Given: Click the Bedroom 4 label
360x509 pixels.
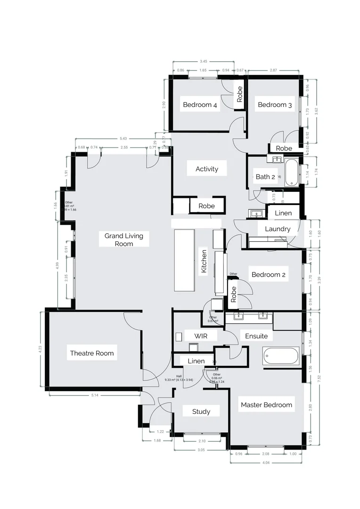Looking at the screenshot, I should click(200, 105).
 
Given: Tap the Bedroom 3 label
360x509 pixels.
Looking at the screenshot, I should click(275, 105).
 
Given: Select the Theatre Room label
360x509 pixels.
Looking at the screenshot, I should click(92, 353).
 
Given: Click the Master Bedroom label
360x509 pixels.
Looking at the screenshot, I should click(266, 404).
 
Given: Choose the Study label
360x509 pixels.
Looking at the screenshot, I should click(201, 411).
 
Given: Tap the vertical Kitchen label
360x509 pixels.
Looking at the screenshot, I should click(204, 262).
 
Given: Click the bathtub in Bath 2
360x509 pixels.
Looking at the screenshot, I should click(292, 172).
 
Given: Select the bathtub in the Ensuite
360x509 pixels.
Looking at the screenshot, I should click(281, 356).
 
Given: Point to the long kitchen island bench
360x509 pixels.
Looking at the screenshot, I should click(184, 261).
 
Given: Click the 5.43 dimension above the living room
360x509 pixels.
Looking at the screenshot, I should click(123, 139).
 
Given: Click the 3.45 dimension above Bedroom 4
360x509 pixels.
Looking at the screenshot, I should click(204, 61).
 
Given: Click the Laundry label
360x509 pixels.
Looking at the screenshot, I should click(278, 229).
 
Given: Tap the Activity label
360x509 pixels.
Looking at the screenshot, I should click(207, 169).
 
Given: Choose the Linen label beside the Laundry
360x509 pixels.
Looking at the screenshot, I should click(283, 213).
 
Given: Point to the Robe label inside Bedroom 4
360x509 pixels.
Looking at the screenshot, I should click(239, 94).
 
